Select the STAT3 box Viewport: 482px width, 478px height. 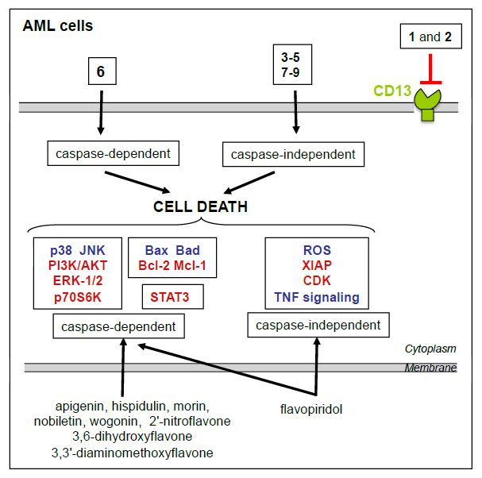click(x=172, y=298)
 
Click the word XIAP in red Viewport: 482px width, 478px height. click(x=316, y=265)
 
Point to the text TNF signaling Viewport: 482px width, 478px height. click(x=316, y=298)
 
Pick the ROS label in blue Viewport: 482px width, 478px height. click(x=316, y=249)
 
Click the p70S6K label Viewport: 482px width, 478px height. click(x=78, y=298)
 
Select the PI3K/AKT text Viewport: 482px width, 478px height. click(x=78, y=265)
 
